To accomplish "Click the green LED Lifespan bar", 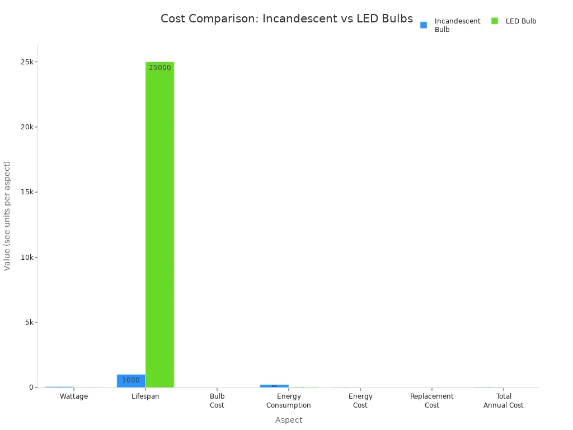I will click(x=159, y=224).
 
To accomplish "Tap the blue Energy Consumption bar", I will click(x=274, y=386).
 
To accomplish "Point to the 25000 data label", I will click(x=160, y=68).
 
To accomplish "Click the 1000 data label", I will click(x=131, y=380).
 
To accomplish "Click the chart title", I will click(x=286, y=18).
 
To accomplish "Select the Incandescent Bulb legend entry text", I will click(x=457, y=25).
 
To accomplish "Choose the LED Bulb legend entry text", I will click(x=521, y=21).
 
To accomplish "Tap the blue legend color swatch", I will click(x=424, y=25).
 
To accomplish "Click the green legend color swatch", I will click(x=495, y=21).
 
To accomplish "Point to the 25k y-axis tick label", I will click(x=26, y=62).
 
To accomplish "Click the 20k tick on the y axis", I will click(x=26, y=127).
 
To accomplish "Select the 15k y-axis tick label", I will click(x=26, y=192).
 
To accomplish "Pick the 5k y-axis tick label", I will click(x=28, y=322).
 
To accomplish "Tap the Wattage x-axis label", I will click(x=74, y=396).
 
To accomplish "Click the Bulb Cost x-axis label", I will click(x=217, y=401).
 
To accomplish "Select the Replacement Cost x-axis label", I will click(x=432, y=401).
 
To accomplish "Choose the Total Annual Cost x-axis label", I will click(x=504, y=401).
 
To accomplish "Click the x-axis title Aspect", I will click(x=289, y=420).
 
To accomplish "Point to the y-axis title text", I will click(x=7, y=216).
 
